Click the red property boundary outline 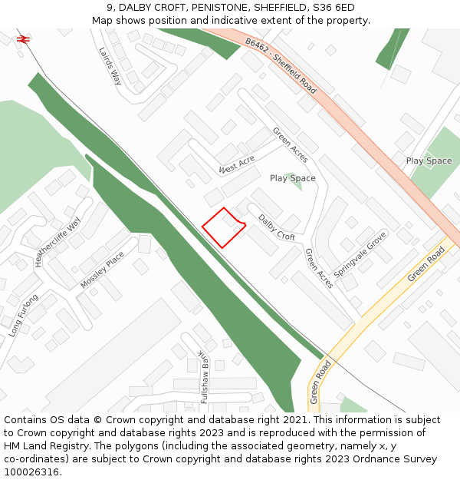point(223,228)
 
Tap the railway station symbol point(23,38)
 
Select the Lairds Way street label point(111,65)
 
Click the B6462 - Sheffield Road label point(281,66)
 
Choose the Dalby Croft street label point(276,227)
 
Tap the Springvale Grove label point(360,252)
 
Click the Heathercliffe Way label point(58,240)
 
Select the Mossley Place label point(102,270)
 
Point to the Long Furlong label point(24,315)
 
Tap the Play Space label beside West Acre point(292,178)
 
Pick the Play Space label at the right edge point(429,161)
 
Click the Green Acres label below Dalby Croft point(319,268)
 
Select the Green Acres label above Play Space point(290,144)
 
